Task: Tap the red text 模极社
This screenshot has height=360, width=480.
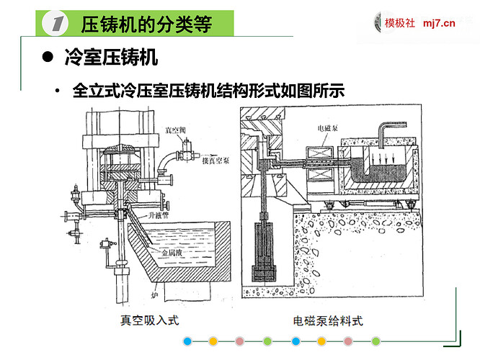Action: [400, 23]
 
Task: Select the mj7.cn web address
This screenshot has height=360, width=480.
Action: [440, 23]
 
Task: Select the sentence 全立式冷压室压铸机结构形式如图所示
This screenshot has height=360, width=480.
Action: [209, 91]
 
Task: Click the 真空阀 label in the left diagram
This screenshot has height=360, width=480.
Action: [175, 131]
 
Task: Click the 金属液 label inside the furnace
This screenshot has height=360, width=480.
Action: [174, 254]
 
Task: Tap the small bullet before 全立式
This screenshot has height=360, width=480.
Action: [56, 91]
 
